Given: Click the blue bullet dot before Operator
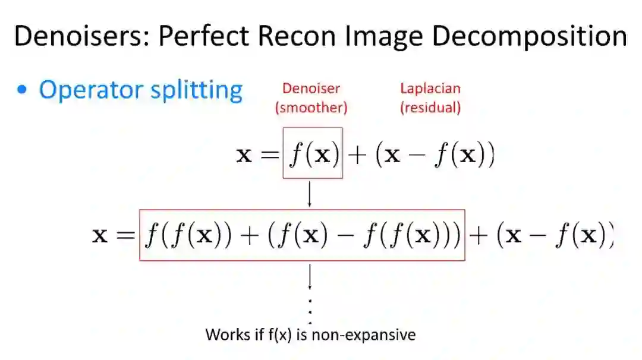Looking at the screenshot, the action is point(23,90).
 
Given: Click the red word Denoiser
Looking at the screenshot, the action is point(311,89).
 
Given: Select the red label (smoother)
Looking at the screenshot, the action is point(311,108).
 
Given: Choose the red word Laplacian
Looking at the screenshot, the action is point(430,89).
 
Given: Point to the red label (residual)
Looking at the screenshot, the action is point(430,108).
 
